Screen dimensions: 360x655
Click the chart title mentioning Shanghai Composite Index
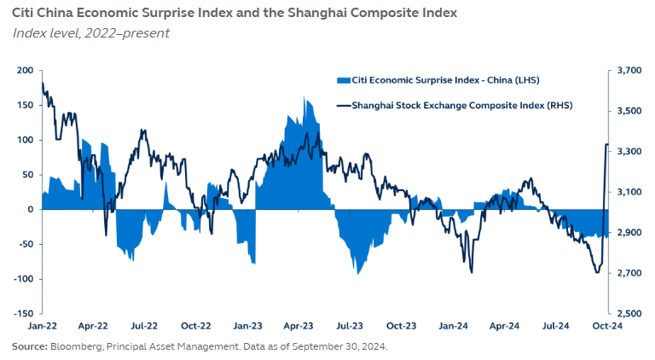coord(235,14)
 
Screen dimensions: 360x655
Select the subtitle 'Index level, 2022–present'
coord(91,33)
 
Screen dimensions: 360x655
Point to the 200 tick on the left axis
coord(25,70)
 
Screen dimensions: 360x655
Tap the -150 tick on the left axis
coord(22,314)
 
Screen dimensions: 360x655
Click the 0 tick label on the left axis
coord(30,209)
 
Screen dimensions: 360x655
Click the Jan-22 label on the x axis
coord(42,325)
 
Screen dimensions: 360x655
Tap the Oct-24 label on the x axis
coord(608,325)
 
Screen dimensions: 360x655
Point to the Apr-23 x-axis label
coord(299,325)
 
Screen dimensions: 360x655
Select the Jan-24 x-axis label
coord(454,325)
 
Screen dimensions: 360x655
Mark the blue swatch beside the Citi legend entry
coord(344,80)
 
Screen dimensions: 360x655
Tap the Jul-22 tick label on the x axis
coord(145,325)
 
